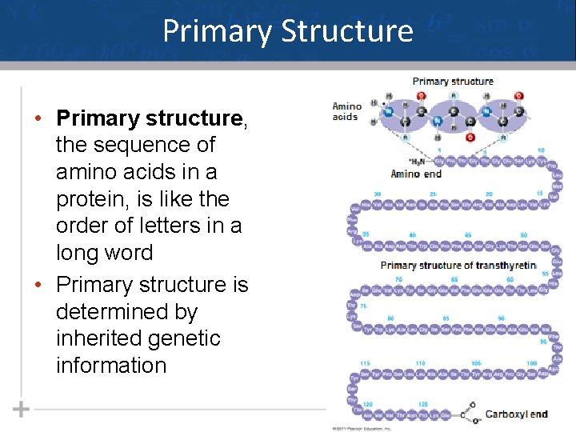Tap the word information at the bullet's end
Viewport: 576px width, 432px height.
coord(111,366)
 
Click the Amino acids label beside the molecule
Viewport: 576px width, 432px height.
coord(347,112)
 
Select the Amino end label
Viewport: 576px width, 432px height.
coord(416,174)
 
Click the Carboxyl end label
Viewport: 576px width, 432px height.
coord(516,414)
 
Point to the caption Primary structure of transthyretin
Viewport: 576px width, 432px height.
coord(458,265)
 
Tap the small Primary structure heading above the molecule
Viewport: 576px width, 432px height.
coord(453,81)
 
